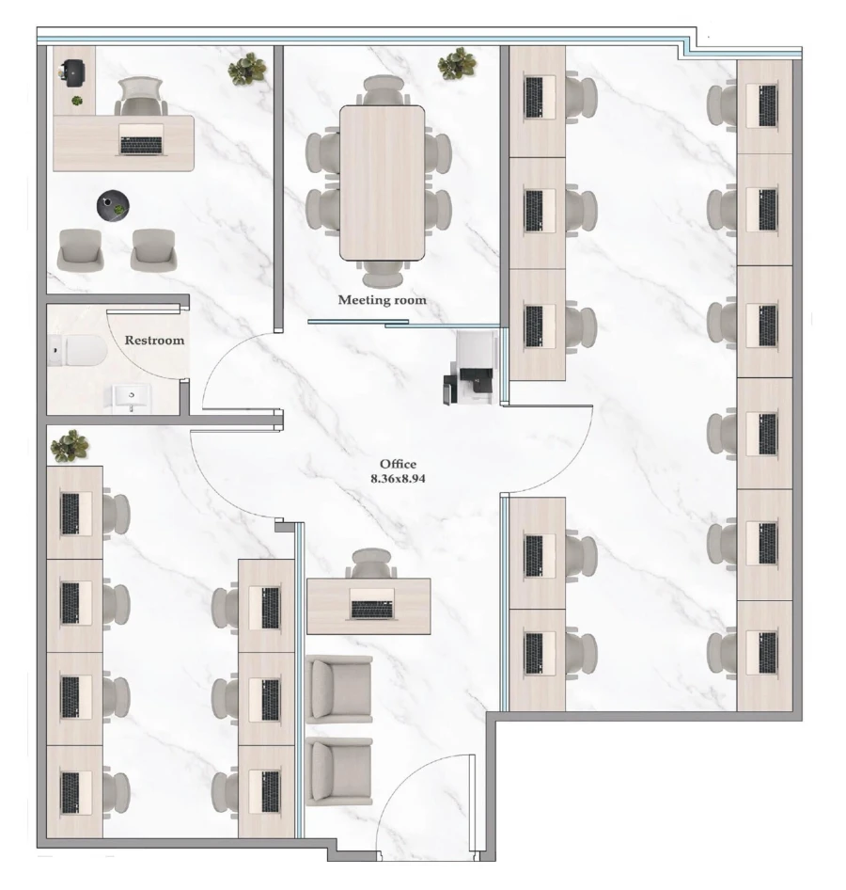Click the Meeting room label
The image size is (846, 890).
[x=383, y=300]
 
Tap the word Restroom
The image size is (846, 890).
[x=154, y=340]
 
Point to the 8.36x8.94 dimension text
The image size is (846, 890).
[x=398, y=479]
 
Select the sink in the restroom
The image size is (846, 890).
[x=132, y=397]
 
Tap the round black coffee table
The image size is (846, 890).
[x=113, y=205]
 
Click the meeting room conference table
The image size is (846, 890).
[x=383, y=183]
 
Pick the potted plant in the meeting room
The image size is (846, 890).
[x=457, y=63]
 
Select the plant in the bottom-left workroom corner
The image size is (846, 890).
[x=70, y=446]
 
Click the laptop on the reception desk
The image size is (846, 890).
[x=371, y=604]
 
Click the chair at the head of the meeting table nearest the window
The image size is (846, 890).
[x=384, y=90]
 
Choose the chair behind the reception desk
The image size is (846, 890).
[x=371, y=563]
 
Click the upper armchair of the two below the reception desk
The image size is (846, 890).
[x=339, y=689]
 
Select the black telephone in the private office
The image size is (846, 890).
[x=72, y=73]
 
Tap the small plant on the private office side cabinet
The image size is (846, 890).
[x=76, y=101]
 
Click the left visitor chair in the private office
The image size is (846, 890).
[x=81, y=249]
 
